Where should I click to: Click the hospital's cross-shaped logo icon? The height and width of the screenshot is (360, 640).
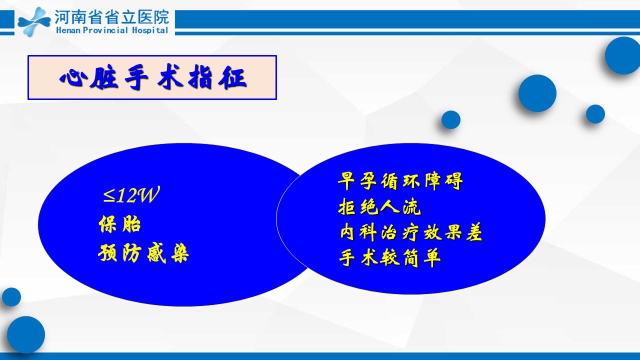[x=34, y=21]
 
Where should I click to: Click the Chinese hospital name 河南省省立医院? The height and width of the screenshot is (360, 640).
[x=111, y=17]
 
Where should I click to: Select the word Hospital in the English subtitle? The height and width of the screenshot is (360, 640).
[x=149, y=30]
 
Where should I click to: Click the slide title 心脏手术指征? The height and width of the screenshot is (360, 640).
[x=153, y=77]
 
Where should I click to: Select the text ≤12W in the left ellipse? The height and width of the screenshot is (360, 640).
[x=131, y=195]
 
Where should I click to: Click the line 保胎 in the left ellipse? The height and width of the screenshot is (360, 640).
[x=119, y=223]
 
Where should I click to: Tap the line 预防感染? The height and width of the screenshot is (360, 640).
[x=143, y=253]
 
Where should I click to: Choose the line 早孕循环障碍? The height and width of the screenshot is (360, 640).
[x=400, y=181]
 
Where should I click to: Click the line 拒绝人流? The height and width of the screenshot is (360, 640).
[x=379, y=206]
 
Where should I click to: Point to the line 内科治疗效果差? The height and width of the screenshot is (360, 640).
[x=411, y=231]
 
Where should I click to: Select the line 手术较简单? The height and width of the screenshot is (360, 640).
[x=389, y=257]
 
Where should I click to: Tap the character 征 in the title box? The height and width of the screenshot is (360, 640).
[x=232, y=77]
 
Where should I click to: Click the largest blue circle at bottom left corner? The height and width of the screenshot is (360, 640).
[x=26, y=334]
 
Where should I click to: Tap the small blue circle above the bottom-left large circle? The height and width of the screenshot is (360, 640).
[x=11, y=297]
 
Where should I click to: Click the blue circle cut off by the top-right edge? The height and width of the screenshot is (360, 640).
[x=623, y=55]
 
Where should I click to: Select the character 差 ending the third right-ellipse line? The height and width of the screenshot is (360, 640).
[x=474, y=231]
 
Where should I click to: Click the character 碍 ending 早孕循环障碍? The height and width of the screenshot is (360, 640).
[x=454, y=181]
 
